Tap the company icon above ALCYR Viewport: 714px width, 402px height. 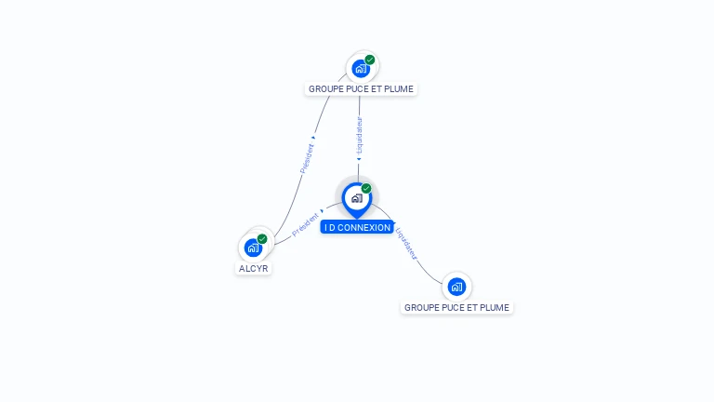pyautogui.click(x=253, y=248)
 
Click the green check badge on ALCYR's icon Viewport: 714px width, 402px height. pyautogui.click(x=262, y=239)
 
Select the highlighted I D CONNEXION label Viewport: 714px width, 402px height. pyautogui.click(x=357, y=227)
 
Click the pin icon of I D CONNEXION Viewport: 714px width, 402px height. pyautogui.click(x=356, y=198)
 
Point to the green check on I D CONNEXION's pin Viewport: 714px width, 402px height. pyautogui.click(x=366, y=189)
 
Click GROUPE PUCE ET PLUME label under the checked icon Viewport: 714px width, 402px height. pyautogui.click(x=361, y=89)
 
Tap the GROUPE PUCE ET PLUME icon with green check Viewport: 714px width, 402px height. pyautogui.click(x=361, y=68)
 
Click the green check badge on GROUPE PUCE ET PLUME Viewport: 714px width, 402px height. pyautogui.click(x=370, y=60)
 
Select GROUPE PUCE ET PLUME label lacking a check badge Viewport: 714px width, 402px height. pyautogui.click(x=456, y=307)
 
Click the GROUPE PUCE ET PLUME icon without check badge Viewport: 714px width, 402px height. pyautogui.click(x=456, y=287)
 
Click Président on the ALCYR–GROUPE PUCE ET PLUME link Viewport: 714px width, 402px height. pyautogui.click(x=307, y=157)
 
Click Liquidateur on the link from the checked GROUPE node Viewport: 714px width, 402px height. pyautogui.click(x=360, y=134)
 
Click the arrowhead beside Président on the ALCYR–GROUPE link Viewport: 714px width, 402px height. pyautogui.click(x=314, y=138)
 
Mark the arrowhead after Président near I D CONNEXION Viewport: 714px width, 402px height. pyautogui.click(x=323, y=211)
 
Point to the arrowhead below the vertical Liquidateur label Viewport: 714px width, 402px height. pyautogui.click(x=359, y=159)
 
